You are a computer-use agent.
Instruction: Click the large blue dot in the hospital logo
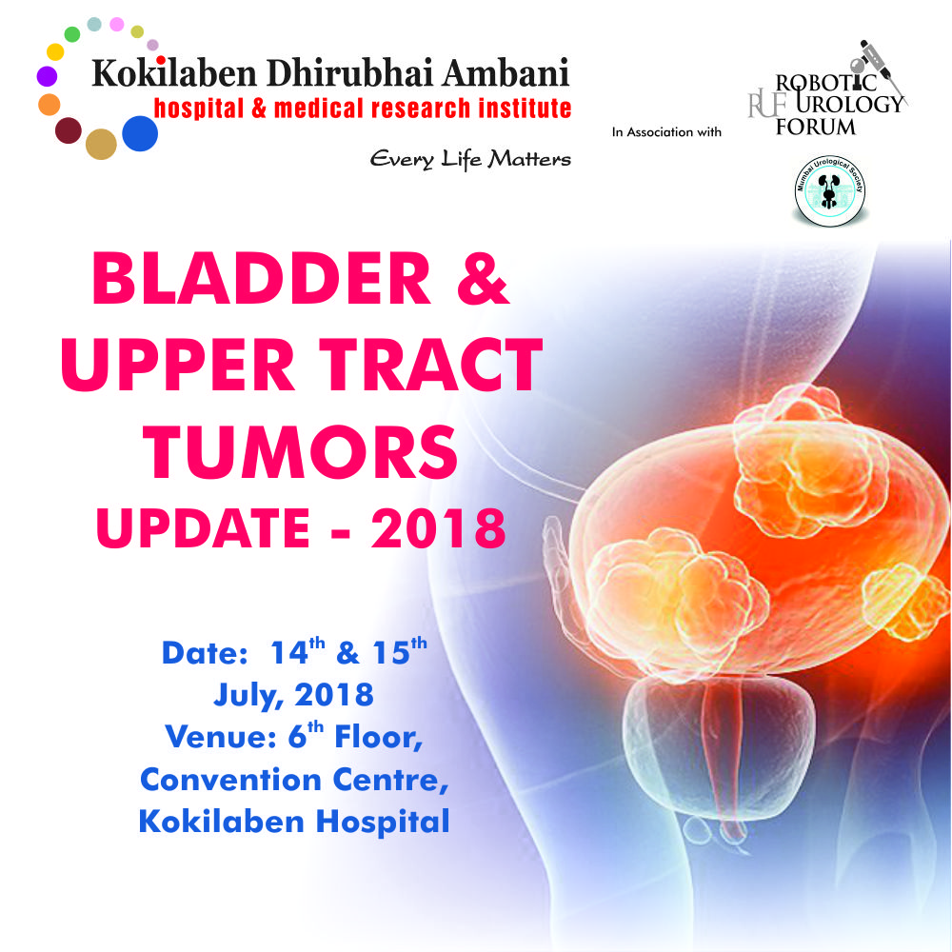(x=140, y=133)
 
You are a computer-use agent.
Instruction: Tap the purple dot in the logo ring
(x=47, y=76)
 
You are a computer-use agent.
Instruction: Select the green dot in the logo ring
(x=72, y=34)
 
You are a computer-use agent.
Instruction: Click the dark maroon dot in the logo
(x=68, y=130)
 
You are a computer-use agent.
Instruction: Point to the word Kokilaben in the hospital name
(x=173, y=73)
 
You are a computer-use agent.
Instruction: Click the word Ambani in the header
(x=506, y=73)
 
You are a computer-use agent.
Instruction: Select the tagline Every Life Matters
(x=470, y=159)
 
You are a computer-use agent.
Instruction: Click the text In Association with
(x=666, y=131)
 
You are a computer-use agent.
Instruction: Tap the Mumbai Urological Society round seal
(x=830, y=190)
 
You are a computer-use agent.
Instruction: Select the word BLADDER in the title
(x=261, y=279)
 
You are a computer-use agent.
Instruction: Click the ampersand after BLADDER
(x=483, y=279)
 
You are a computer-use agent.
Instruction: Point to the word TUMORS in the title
(x=300, y=452)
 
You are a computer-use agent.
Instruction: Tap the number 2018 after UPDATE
(x=438, y=528)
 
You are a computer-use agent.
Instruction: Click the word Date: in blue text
(x=205, y=653)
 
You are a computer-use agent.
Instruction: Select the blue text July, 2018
(x=293, y=695)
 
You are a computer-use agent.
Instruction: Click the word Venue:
(x=221, y=737)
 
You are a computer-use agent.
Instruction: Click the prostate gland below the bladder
(x=720, y=746)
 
